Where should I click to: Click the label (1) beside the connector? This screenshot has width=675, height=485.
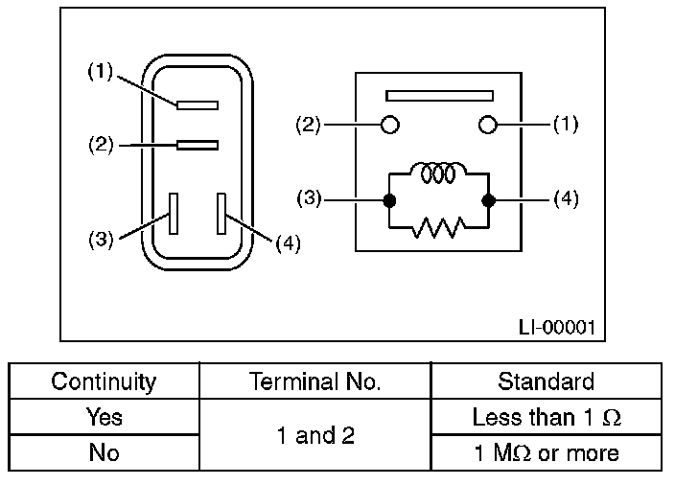point(100,71)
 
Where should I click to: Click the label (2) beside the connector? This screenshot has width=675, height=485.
point(100,146)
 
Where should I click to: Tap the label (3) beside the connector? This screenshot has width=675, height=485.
point(100,240)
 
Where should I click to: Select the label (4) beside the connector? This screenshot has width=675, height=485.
point(288,242)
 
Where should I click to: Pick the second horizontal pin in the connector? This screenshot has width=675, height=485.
point(198,146)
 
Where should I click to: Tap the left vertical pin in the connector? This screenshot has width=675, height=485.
point(174,213)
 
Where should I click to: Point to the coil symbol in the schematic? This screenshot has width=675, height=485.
point(438,173)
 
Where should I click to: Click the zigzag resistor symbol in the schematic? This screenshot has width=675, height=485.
point(438,227)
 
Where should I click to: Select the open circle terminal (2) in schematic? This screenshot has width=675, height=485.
point(390,125)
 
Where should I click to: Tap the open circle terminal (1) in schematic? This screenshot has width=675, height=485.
point(487,125)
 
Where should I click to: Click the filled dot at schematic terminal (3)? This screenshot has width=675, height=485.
point(389,201)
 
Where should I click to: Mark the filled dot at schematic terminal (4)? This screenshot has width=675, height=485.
point(488,201)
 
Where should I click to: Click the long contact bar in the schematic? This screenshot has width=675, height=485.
point(439,96)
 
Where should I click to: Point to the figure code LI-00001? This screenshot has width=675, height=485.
point(556,327)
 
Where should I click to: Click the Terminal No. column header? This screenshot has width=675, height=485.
point(314,381)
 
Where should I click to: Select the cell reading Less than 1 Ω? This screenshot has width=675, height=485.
point(546,418)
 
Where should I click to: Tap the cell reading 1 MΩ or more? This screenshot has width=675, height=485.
point(546,452)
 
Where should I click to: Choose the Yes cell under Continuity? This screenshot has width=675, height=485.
point(104,418)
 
